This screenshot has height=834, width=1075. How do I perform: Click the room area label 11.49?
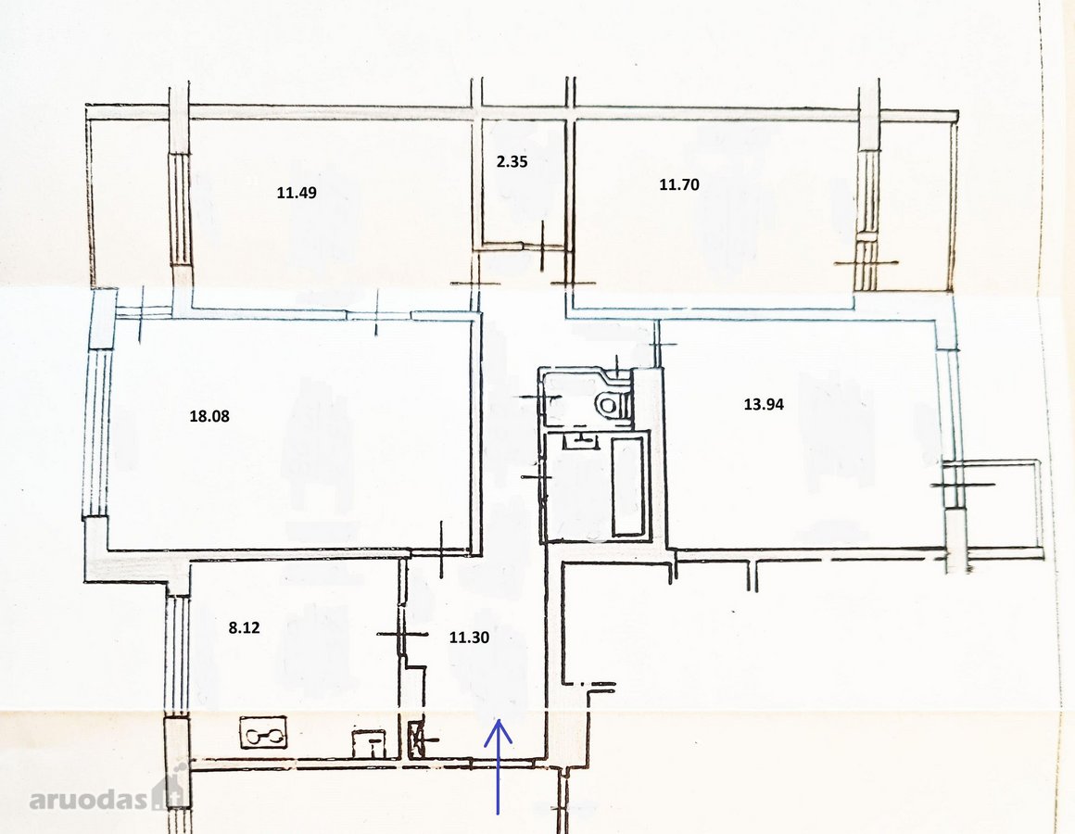(297, 193)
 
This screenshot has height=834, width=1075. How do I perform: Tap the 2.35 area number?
(512, 162)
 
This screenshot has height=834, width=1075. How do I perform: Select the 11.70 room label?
(679, 184)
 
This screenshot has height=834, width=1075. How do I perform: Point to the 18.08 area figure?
(209, 416)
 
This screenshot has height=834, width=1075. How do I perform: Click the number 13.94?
(764, 404)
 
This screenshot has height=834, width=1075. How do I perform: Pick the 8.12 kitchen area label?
(244, 627)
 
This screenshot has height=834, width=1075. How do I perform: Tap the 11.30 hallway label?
(469, 638)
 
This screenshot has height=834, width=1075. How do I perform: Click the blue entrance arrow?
(499, 766)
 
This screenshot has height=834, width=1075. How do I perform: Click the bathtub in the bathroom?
(628, 487)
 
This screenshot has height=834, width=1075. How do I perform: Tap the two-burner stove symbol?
(264, 733)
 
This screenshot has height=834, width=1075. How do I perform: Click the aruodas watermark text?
(89, 799)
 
